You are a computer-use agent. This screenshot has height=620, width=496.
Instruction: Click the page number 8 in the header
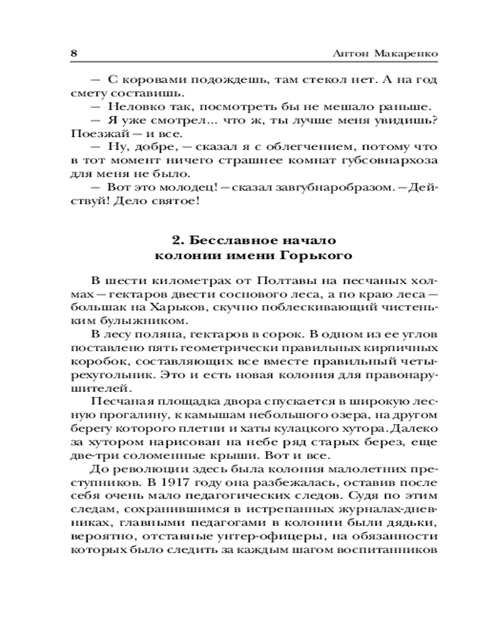tap(73, 52)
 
